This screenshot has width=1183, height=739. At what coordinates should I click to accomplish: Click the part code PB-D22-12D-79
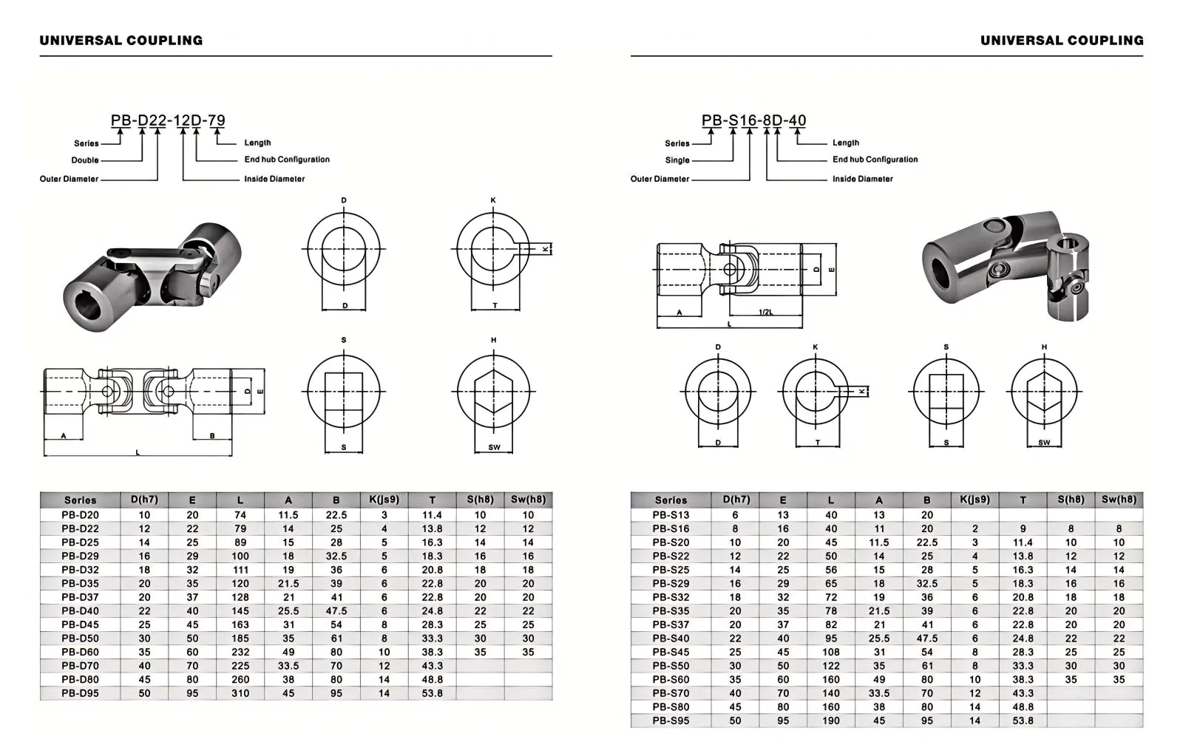[168, 120]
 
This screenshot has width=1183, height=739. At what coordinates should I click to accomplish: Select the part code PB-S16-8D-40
[753, 120]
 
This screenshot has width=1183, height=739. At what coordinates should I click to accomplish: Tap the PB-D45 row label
[81, 624]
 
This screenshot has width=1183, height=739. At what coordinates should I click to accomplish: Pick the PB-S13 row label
[671, 514]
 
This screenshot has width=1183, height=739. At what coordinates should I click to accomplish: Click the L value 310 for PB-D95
[240, 693]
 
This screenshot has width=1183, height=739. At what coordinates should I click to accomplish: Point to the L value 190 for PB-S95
[831, 721]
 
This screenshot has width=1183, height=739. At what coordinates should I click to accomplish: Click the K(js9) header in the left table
[384, 500]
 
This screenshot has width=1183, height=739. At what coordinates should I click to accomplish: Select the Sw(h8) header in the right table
[1119, 500]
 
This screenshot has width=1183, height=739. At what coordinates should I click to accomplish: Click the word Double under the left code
[85, 160]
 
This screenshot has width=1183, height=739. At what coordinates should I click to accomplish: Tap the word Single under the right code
[677, 160]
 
